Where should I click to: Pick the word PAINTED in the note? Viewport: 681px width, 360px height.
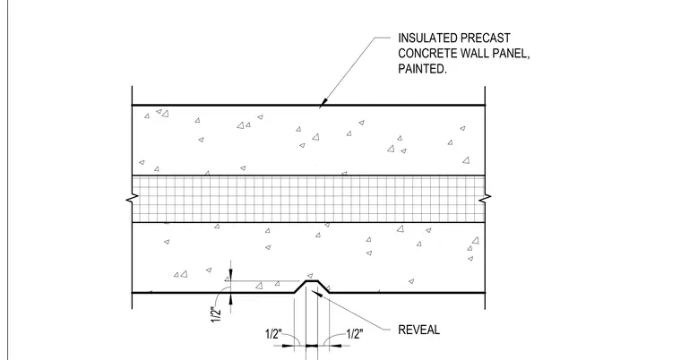tap(422, 69)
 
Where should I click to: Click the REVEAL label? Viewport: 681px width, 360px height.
tap(418, 330)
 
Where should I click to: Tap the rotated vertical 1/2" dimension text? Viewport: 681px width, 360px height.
tap(216, 314)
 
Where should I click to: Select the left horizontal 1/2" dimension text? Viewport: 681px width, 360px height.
tap(273, 334)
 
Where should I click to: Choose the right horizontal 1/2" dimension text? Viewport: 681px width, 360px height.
tap(355, 334)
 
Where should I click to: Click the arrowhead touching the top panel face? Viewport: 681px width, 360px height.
tap(323, 102)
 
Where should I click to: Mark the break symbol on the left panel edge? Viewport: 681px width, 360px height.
tap(133, 200)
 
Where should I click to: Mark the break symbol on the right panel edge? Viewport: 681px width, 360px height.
tap(485, 199)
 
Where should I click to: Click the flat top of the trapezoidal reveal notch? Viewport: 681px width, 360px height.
tap(312, 281)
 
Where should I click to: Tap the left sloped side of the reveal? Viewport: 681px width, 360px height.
tap(300, 287)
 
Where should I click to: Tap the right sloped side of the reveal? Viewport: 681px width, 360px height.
tap(323, 287)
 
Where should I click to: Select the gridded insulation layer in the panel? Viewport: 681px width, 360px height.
tap(308, 199)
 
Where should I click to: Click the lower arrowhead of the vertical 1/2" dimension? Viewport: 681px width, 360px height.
tap(230, 298)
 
